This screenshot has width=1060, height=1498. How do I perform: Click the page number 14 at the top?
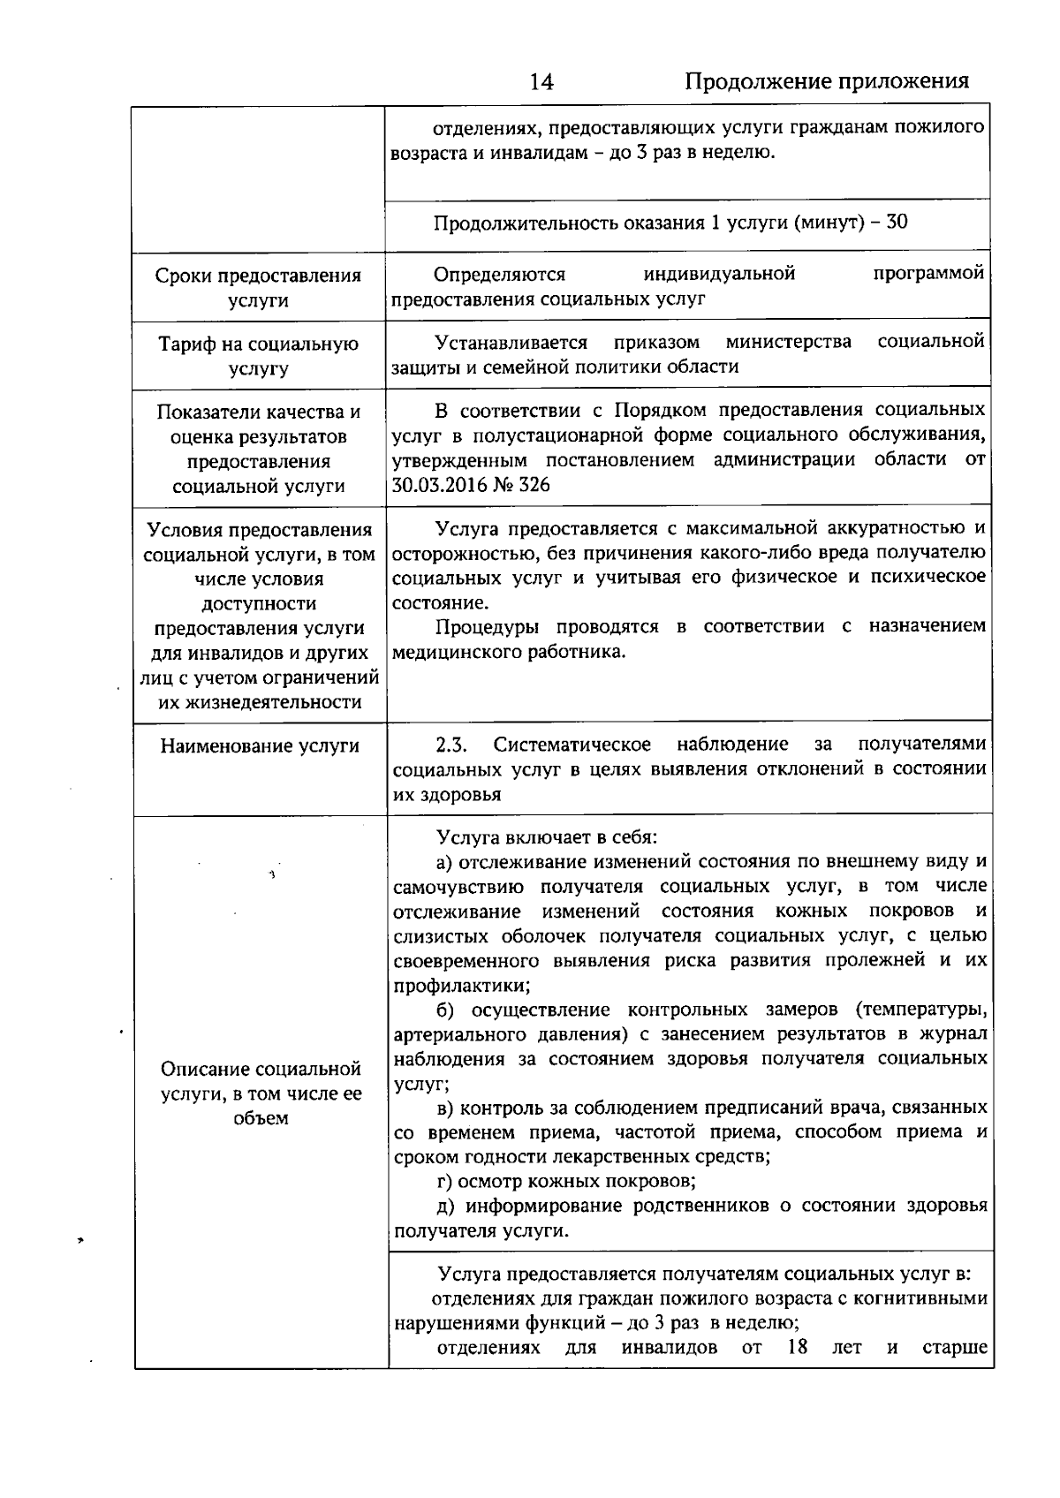(x=541, y=82)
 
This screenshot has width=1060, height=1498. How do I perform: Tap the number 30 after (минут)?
(x=897, y=222)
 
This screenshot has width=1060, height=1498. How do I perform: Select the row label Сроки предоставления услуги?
(x=259, y=288)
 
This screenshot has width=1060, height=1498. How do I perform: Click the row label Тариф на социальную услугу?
(x=259, y=356)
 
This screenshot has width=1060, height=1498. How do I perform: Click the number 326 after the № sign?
(x=534, y=484)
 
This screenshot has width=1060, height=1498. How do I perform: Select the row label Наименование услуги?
(x=260, y=746)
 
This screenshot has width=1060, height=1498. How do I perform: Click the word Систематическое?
(x=572, y=745)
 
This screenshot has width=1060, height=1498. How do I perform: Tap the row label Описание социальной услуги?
(x=261, y=1093)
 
